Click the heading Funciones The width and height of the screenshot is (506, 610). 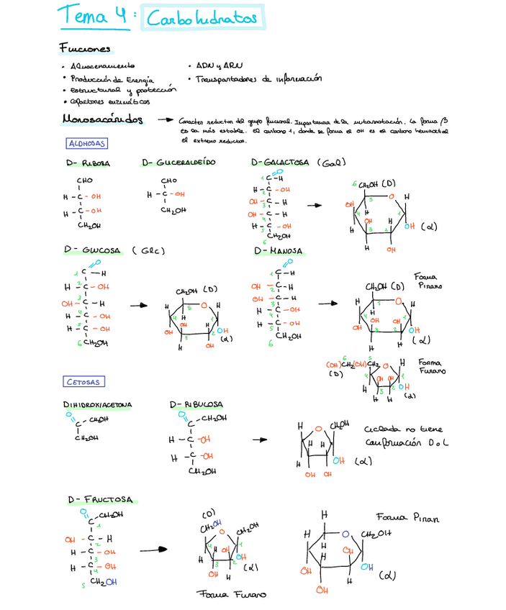click(x=85, y=50)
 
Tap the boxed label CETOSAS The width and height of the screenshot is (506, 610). click(x=83, y=382)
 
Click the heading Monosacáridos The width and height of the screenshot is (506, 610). click(x=102, y=119)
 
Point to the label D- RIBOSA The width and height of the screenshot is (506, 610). click(x=88, y=163)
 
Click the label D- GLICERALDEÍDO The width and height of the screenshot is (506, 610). click(x=179, y=163)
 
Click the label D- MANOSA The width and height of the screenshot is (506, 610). click(x=278, y=251)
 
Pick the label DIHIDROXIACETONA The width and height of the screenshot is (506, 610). click(x=98, y=405)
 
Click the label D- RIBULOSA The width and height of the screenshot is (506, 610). click(x=196, y=405)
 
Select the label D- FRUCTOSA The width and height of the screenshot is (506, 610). click(x=100, y=499)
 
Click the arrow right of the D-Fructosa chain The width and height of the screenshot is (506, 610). click(x=153, y=550)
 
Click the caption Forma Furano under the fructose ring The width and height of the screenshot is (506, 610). click(x=231, y=595)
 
